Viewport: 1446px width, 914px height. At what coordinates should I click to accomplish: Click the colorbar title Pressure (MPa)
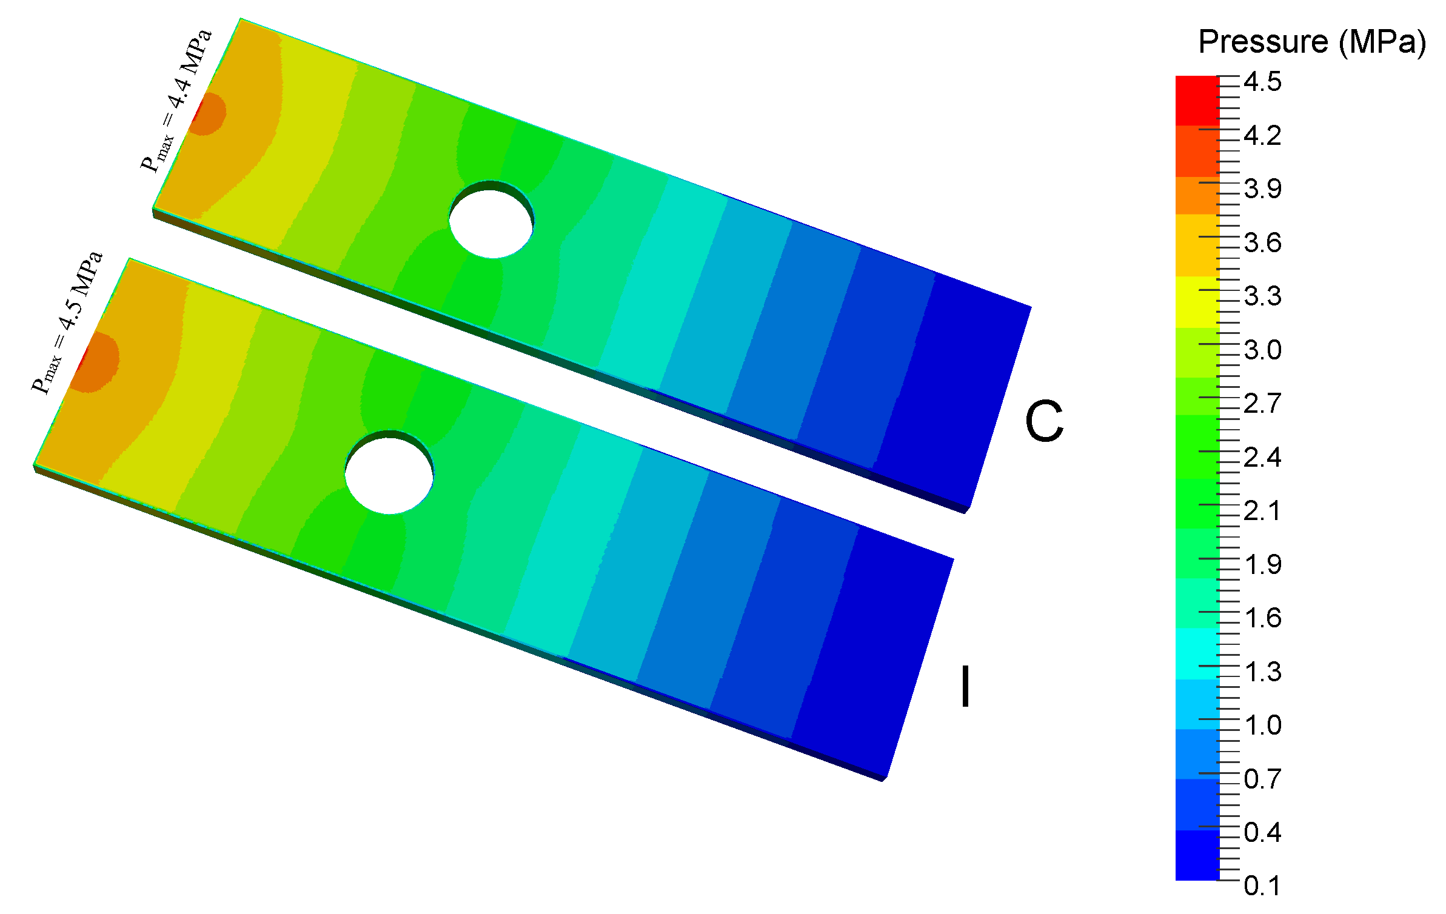1311,42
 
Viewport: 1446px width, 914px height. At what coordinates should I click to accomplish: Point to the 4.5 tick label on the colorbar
1263,82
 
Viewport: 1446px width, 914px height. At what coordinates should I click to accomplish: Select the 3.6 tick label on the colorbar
1263,243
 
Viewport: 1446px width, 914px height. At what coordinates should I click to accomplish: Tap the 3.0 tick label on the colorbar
1263,350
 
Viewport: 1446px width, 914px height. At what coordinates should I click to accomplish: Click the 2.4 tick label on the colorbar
1263,458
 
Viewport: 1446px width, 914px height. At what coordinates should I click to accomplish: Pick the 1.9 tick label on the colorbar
1263,565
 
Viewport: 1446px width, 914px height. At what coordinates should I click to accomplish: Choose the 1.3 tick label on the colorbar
1263,672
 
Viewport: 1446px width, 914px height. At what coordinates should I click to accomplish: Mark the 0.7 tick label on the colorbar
1263,779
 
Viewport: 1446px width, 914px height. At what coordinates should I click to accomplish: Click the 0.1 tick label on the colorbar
1263,886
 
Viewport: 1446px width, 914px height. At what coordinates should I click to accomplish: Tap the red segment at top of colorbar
1197,100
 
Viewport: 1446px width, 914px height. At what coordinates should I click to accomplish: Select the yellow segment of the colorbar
1197,302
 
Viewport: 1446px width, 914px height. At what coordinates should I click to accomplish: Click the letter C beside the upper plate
1044,421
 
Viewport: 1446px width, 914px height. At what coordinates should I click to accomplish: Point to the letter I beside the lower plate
965,686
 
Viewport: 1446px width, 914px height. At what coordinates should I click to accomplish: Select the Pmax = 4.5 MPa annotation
67,323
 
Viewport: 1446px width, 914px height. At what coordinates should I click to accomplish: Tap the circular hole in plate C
491,222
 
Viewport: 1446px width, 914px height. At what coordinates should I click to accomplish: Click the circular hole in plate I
389,475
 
